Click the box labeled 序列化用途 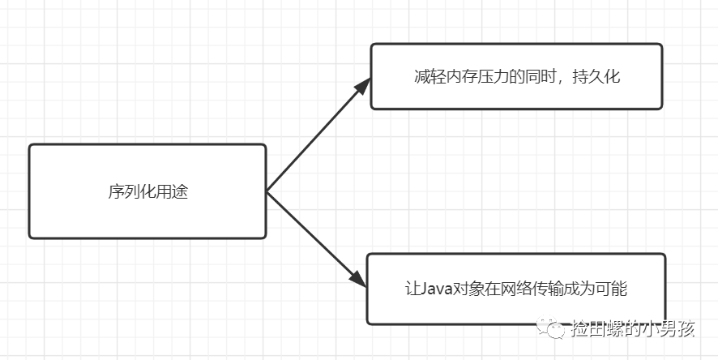(147, 191)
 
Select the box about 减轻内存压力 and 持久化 (516, 76)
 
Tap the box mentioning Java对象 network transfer (516, 289)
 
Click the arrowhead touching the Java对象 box (358, 278)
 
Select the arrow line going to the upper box (318, 135)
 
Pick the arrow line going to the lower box (316, 239)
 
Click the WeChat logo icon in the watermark (551, 328)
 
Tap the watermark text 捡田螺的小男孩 (633, 328)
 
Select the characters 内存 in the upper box (457, 76)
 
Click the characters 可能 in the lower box (611, 289)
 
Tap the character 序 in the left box (116, 191)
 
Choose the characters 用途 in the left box (172, 191)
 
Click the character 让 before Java (412, 289)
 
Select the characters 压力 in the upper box (489, 76)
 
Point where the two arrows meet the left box (267, 192)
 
